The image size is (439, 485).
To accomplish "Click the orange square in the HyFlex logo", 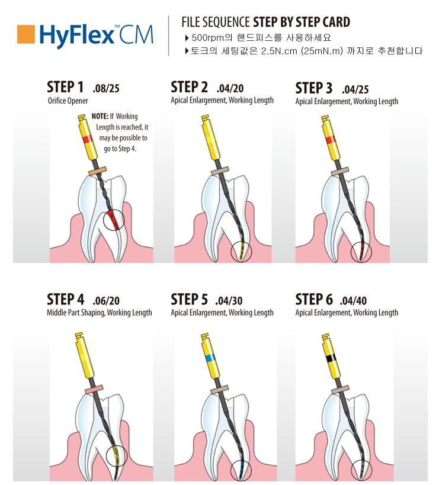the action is [x=26, y=34].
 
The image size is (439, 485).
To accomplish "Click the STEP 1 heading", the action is [x=65, y=87].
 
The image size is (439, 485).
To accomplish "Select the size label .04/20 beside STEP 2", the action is [x=230, y=88].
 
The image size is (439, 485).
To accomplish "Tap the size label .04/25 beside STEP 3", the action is [x=355, y=89].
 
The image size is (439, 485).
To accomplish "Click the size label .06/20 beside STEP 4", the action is [x=106, y=301].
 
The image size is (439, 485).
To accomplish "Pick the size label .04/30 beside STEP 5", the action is [x=229, y=301].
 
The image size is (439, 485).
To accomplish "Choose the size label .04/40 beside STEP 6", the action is [x=353, y=301].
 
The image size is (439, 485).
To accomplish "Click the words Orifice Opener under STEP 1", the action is [x=68, y=101].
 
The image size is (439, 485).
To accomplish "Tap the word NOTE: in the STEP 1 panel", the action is [x=100, y=116].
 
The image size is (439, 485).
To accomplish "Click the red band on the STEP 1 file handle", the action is [x=88, y=139].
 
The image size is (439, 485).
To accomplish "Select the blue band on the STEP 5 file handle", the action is [x=211, y=358].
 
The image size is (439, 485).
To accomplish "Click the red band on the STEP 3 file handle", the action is [x=331, y=140].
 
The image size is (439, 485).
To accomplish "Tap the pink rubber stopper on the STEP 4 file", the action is [x=94, y=389].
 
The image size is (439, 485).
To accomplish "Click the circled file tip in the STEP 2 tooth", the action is [x=241, y=251].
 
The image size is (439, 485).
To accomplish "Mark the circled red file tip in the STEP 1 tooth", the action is [x=114, y=220].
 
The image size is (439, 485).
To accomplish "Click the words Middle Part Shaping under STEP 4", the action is [x=76, y=313].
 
